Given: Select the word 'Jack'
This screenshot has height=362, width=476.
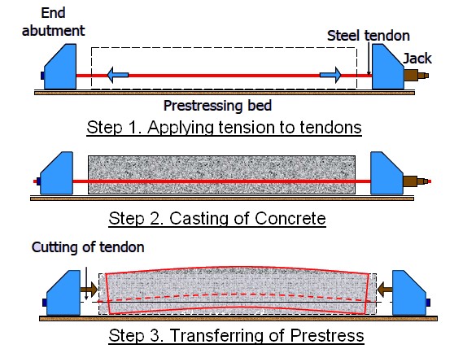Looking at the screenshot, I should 417,59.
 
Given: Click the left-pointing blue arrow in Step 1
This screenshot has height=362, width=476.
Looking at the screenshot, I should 116,76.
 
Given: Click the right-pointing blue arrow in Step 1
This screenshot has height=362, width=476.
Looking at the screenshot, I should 330,76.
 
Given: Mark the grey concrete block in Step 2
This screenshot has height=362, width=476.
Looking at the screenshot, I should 221,175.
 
